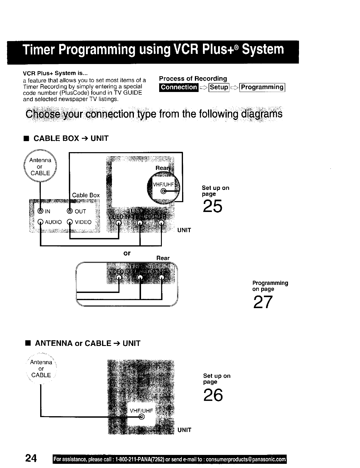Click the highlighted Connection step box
coord(179,87)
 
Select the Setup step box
coord(219,87)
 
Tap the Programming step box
coord(262,87)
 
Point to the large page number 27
coord(263,302)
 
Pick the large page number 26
coord(213,395)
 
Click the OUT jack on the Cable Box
coord(70,211)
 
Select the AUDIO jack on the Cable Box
coord(40,222)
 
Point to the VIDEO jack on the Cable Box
coord(70,222)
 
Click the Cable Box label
coord(86,195)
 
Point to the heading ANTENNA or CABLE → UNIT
coord(87,343)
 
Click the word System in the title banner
coord(263,49)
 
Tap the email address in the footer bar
coord(246,459)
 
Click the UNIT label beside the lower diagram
coord(184,430)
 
